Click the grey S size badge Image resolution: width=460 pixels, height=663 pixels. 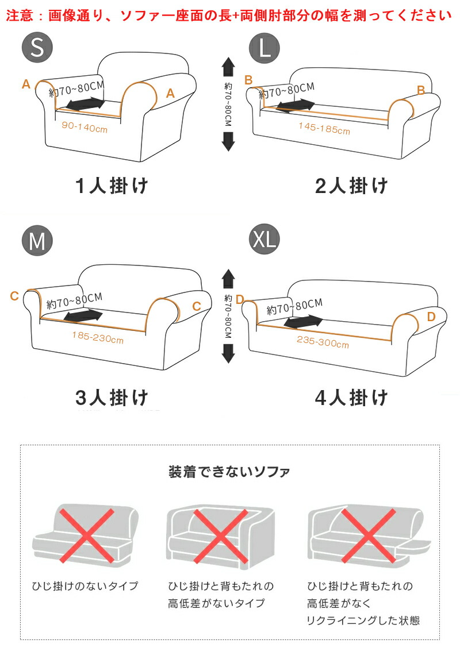point(37,47)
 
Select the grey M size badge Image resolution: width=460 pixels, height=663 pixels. point(37,241)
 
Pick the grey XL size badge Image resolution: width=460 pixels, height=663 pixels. point(264,240)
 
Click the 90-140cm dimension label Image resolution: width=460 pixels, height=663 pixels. point(85,127)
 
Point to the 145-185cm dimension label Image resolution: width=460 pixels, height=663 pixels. point(324,128)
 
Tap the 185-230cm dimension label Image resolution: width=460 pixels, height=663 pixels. point(98,337)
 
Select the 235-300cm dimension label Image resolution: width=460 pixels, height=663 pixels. point(323,342)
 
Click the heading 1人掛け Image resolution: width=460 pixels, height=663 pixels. point(112,186)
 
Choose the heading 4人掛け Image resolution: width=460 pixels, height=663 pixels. point(352,398)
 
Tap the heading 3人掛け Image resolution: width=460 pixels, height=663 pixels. point(112,398)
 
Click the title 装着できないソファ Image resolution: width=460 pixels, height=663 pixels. point(229,472)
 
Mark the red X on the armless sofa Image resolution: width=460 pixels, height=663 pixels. point(86,535)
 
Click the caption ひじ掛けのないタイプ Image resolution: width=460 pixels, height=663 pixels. point(85,585)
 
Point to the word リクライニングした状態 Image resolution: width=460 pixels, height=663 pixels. point(363,620)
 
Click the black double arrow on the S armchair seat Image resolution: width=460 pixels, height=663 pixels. point(86,104)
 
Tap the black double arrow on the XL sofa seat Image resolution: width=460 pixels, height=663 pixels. point(303,321)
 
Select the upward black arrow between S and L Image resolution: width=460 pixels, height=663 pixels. point(228,67)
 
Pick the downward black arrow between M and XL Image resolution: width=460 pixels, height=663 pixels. point(228,353)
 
